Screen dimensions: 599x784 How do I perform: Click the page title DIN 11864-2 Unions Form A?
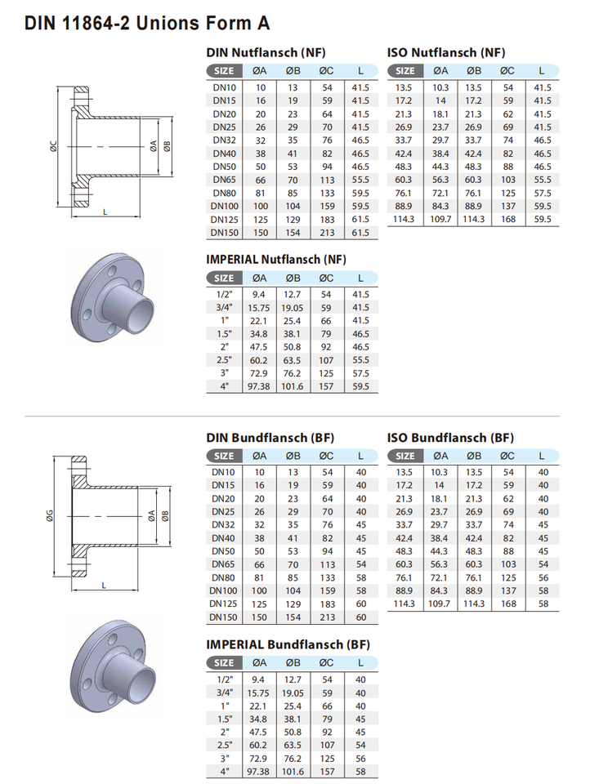click(147, 23)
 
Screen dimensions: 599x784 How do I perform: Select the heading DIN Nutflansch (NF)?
click(266, 52)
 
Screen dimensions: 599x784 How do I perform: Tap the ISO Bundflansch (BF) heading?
click(450, 438)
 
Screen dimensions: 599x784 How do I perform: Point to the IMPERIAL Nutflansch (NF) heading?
click(276, 259)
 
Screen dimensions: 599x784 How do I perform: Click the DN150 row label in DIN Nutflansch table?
click(224, 233)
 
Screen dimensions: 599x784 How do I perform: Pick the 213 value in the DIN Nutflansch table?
click(327, 233)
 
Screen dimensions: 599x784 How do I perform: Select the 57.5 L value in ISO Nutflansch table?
click(543, 193)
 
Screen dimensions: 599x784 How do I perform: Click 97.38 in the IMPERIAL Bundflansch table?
click(259, 772)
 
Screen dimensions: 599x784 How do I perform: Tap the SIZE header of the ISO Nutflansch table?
click(405, 71)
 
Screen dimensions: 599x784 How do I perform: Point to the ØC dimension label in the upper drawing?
click(54, 146)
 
